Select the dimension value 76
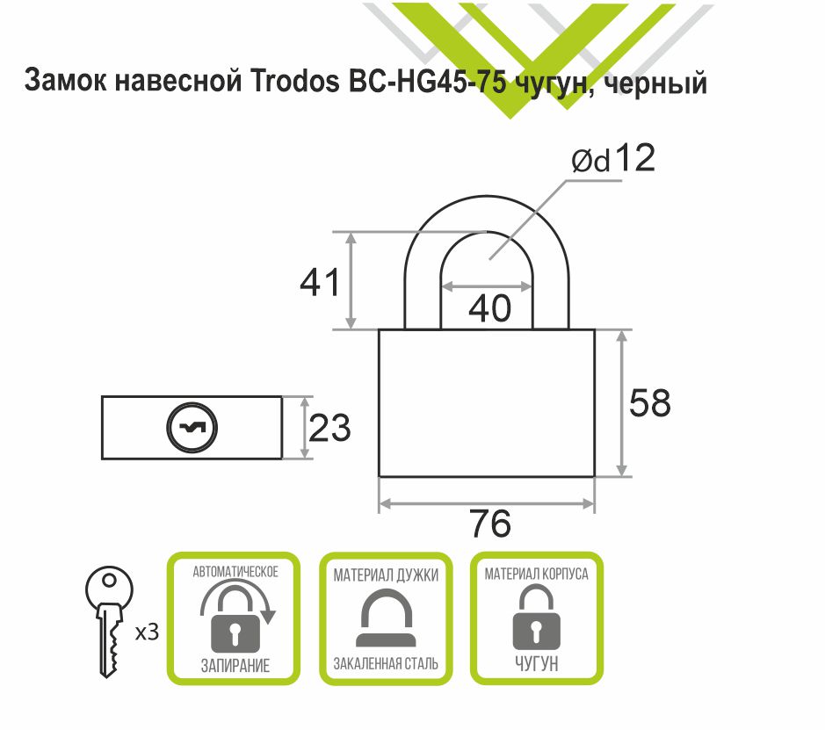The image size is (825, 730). [489, 524]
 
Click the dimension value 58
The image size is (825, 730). [650, 402]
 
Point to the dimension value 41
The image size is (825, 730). [320, 283]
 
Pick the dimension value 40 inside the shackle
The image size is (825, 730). [488, 308]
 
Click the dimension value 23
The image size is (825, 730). [330, 429]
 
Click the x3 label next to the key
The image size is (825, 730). [147, 631]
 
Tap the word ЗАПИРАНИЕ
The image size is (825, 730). [234, 664]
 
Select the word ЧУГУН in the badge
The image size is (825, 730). [537, 663]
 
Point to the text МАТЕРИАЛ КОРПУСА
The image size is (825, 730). [537, 575]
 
